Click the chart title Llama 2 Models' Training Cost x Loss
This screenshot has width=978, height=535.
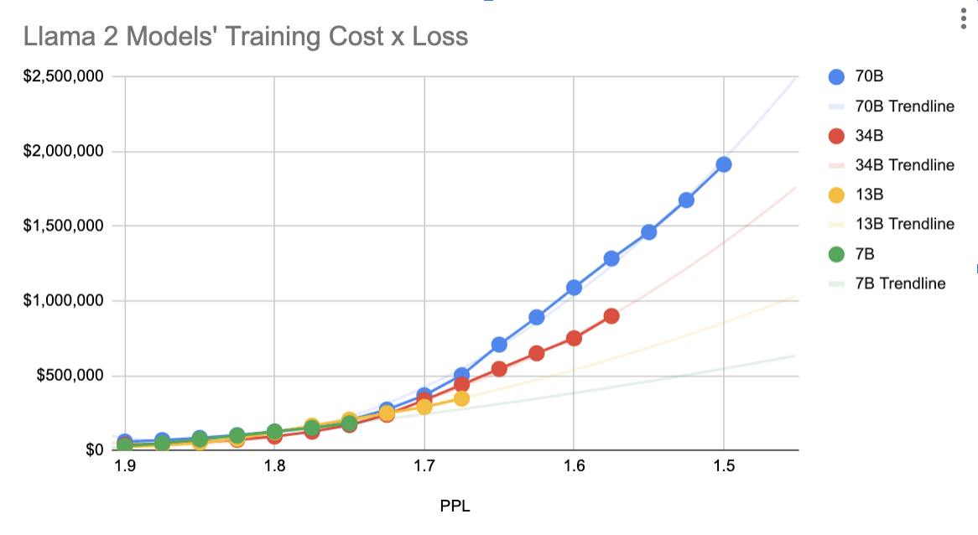[x=246, y=37]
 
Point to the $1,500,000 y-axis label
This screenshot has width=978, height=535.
[x=68, y=226]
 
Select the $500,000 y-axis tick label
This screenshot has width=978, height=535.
[x=74, y=376]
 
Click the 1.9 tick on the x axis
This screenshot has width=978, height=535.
[x=125, y=467]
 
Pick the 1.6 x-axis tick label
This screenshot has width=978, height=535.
[x=574, y=467]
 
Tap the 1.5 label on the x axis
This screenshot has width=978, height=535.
[x=724, y=467]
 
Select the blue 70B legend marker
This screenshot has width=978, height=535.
[x=836, y=76]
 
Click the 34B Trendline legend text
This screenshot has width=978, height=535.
[x=904, y=165]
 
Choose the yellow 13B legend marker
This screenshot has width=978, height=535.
[x=836, y=195]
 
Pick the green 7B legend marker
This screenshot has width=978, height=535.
[x=836, y=254]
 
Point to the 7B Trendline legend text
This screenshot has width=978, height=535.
[x=900, y=283]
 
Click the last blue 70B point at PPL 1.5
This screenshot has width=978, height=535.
[x=724, y=164]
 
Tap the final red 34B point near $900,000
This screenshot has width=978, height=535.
[x=611, y=316]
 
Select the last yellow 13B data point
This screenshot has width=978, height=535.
[x=461, y=398]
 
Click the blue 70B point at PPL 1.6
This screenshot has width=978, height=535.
[x=574, y=288]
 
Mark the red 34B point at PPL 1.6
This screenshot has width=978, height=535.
[x=574, y=338]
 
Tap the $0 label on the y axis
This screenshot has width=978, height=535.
[x=92, y=450]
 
